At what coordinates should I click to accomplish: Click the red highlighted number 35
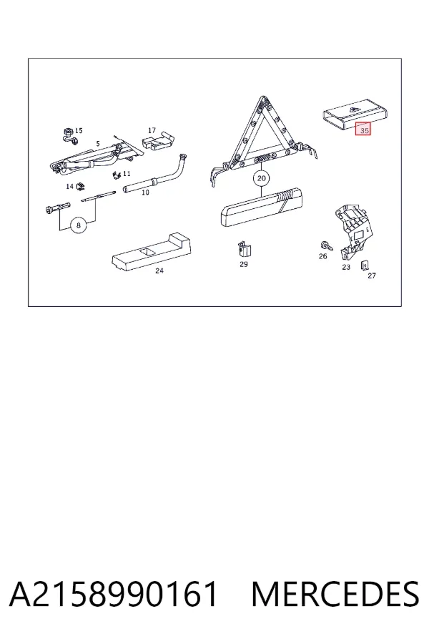363,130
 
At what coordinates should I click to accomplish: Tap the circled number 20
261,178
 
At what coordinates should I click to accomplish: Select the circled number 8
79,225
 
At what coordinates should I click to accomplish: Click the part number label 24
159,270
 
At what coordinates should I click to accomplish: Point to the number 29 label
244,264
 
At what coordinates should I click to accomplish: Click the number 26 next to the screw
323,256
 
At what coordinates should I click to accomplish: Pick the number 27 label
372,275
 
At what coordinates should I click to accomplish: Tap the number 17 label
152,130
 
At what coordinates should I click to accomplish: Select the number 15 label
79,131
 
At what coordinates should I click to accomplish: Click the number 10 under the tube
145,192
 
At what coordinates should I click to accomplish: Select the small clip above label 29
245,249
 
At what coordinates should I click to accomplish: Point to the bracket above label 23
355,232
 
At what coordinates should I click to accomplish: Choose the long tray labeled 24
152,253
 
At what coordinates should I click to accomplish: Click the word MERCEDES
335,594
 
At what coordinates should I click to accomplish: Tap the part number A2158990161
113,594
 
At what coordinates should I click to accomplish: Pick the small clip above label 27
364,265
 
